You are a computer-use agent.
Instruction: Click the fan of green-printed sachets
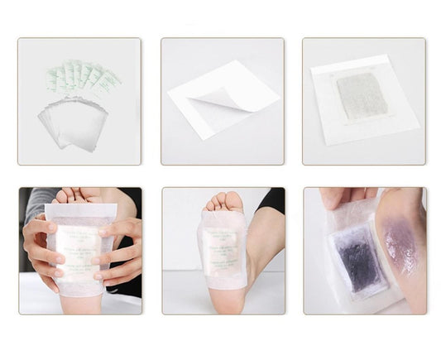pyautogui.click(x=82, y=77)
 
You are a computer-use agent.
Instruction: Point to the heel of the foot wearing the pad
pyautogui.click(x=223, y=301)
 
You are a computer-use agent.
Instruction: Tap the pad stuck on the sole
pyautogui.click(x=222, y=249)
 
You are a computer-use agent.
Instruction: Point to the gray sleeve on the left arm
pyautogui.click(x=36, y=203)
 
